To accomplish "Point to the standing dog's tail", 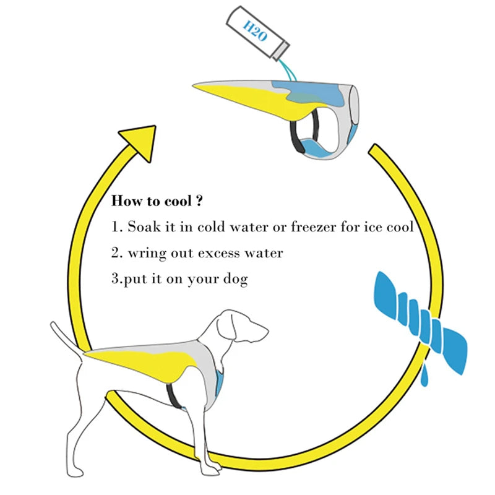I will (65, 338).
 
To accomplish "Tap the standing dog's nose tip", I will (267, 335).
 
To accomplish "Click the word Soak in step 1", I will (143, 227).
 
